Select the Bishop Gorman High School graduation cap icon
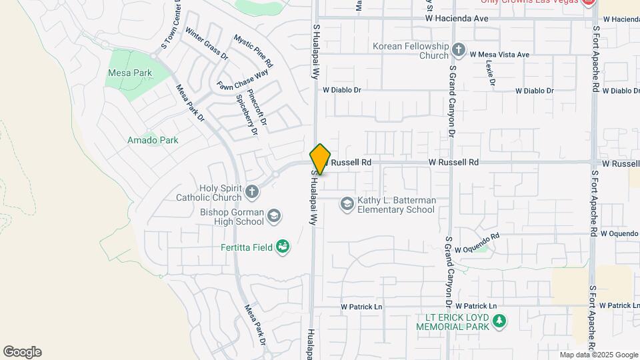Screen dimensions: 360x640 click(274, 216)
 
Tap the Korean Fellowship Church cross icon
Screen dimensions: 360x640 click(458, 50)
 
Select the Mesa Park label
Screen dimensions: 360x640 click(130, 73)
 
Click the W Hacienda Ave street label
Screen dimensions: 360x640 click(457, 19)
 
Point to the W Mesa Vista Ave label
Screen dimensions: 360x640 click(499, 55)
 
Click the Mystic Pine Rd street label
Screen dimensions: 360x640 click(253, 51)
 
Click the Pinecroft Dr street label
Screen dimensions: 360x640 click(257, 108)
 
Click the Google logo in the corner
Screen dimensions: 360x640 click(22, 352)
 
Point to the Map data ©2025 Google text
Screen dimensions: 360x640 click(599, 355)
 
